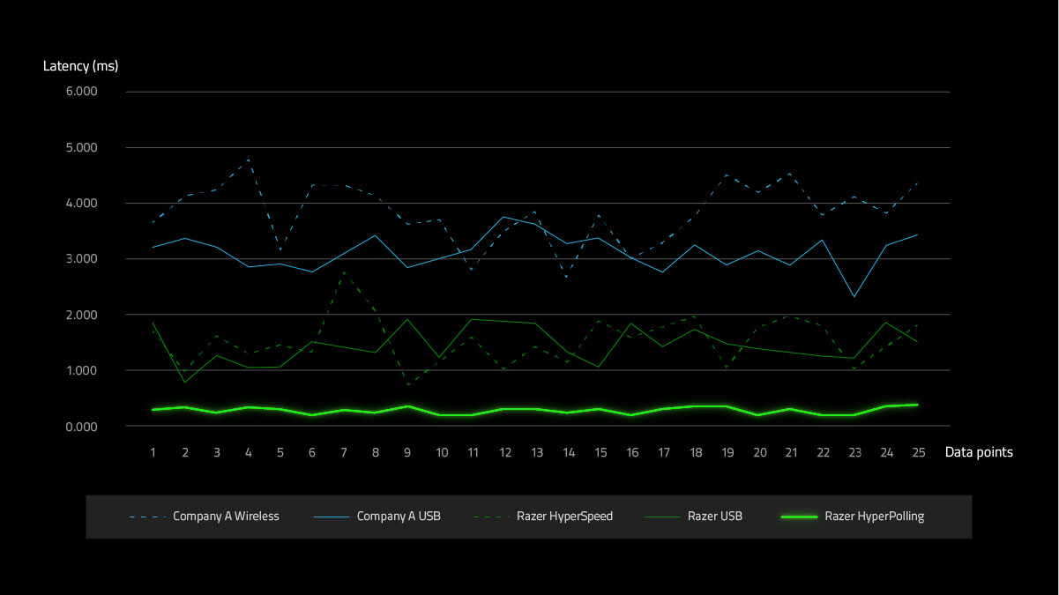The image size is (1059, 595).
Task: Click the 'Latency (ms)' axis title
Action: [80, 66]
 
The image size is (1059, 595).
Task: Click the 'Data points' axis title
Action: [979, 452]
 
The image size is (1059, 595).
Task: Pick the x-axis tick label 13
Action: [536, 452]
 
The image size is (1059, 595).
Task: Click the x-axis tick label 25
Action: [918, 452]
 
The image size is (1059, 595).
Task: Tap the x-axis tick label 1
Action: [153, 452]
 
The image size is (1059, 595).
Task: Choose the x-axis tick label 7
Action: [344, 452]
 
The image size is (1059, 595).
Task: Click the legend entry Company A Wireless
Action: [226, 517]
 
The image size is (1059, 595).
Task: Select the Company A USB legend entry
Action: [399, 517]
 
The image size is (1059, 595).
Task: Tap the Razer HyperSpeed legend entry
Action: [564, 517]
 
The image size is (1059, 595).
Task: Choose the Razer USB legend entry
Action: [714, 517]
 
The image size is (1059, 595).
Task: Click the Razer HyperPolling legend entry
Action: [874, 517]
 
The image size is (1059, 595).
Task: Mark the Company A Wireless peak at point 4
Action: [249, 160]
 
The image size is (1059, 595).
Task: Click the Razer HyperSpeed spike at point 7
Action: [344, 273]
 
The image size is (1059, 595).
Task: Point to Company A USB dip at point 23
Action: [854, 297]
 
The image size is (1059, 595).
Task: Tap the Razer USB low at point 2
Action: [184, 383]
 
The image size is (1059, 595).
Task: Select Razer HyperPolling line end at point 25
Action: [918, 405]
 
